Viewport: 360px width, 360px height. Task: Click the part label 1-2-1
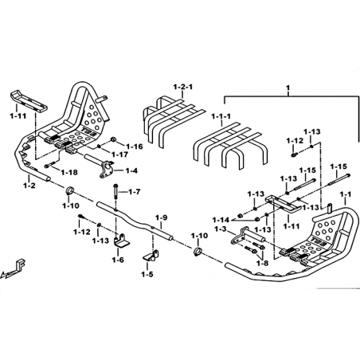183,87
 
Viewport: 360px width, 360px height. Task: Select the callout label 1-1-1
221,116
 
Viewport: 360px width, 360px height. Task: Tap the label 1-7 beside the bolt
135,191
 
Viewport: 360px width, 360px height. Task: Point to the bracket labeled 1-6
121,241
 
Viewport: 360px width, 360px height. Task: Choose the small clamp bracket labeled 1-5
151,255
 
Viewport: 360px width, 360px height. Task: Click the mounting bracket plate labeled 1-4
107,169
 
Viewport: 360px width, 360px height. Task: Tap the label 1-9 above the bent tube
162,217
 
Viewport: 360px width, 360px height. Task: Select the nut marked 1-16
112,139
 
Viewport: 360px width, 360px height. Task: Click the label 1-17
119,155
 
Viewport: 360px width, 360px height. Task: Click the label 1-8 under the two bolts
262,263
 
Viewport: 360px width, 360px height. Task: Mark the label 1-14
221,220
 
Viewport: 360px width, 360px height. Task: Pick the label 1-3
220,229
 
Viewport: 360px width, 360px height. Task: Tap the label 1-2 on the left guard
29,186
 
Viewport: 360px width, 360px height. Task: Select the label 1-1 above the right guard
346,194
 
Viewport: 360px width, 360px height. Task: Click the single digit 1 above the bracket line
288,87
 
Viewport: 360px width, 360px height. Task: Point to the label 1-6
118,260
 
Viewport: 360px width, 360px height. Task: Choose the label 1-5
147,274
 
